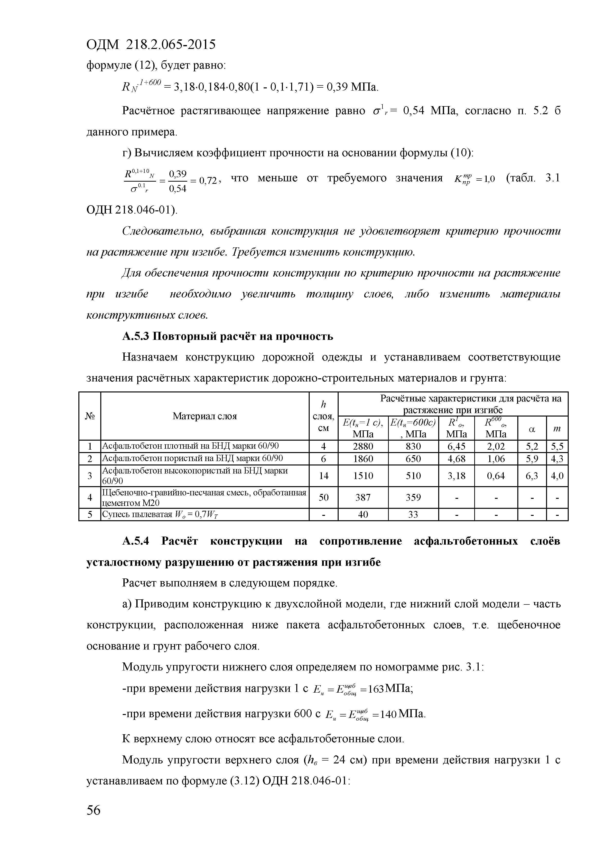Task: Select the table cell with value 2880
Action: click(363, 446)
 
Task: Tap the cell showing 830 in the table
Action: click(413, 446)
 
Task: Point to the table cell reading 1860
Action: click(363, 459)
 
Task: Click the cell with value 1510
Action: click(363, 476)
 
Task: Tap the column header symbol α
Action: click(531, 428)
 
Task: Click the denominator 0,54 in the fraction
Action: click(177, 189)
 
